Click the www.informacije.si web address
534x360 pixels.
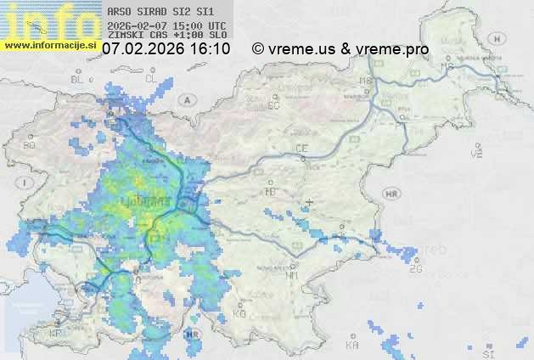tap(51, 44)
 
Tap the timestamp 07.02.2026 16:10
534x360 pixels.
tap(166, 49)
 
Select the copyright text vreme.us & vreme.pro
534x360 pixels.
tap(340, 49)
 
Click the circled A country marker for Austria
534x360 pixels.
tap(186, 99)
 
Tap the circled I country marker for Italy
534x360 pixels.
tap(26, 183)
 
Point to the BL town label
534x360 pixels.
tap(79, 79)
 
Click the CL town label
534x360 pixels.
tap(152, 79)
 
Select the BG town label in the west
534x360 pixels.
tap(30, 145)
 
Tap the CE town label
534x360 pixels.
tap(301, 149)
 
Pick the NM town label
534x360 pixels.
tap(293, 275)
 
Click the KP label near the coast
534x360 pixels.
tap(56, 334)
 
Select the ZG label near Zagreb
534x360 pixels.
tap(415, 269)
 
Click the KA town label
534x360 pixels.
tap(352, 345)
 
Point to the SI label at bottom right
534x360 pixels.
tap(487, 352)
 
